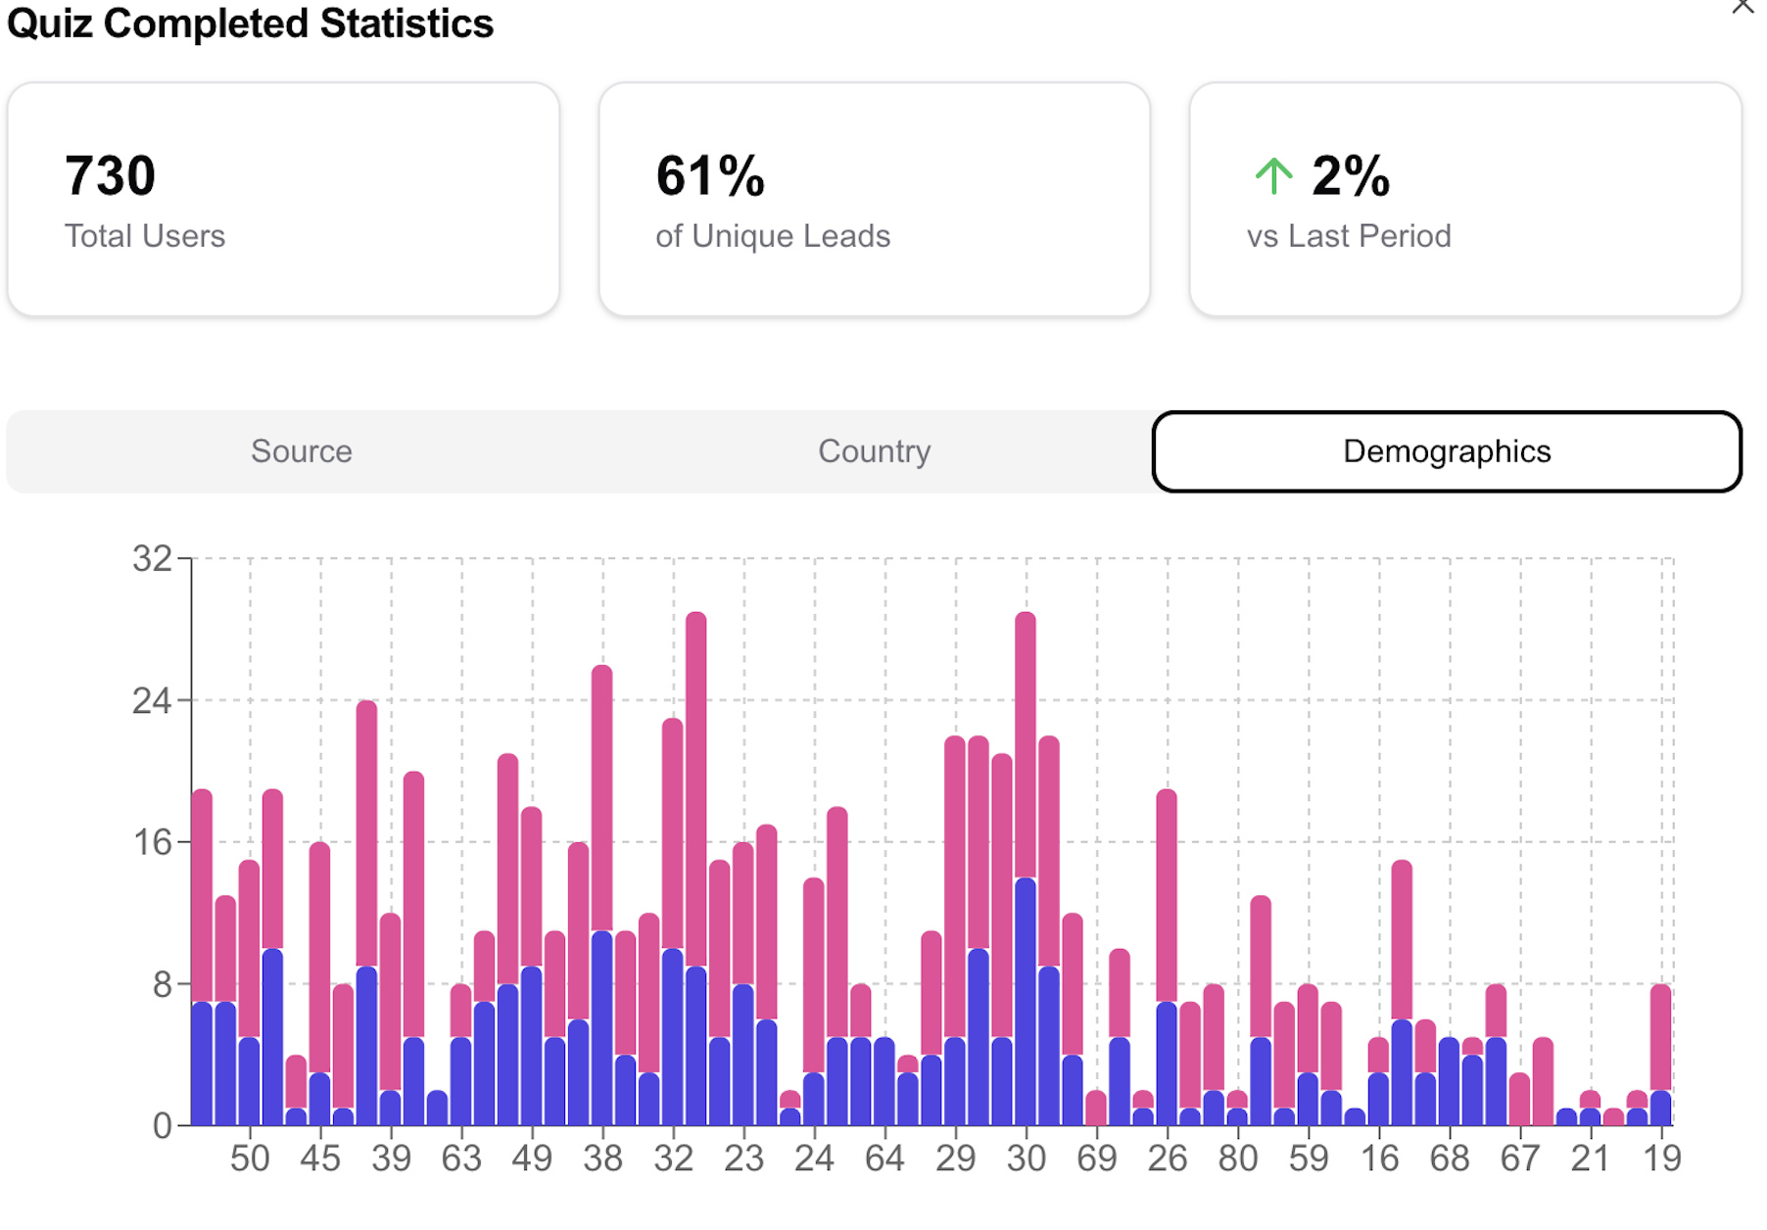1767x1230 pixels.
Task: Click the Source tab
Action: tap(301, 451)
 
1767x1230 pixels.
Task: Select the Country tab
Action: tap(874, 451)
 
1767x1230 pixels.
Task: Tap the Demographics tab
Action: tap(1446, 451)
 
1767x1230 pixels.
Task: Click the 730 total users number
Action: tap(110, 176)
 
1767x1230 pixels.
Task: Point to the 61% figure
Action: tap(710, 176)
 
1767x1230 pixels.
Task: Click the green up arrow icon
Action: tap(1273, 176)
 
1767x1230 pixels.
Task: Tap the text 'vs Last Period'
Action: tap(1348, 236)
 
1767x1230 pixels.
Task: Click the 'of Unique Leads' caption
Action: tap(772, 236)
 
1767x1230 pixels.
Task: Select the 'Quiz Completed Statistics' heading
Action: tap(250, 24)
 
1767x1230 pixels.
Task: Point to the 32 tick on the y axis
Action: tap(152, 559)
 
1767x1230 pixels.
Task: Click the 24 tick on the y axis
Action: tap(152, 701)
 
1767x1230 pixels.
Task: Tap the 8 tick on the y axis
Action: tap(162, 985)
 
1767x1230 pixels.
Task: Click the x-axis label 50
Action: tap(250, 1159)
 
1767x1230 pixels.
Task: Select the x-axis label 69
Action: tap(1096, 1159)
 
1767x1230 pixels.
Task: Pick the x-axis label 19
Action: tap(1661, 1159)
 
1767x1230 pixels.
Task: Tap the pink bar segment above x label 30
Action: tap(1026, 744)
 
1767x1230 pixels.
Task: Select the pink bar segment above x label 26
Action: tap(1167, 896)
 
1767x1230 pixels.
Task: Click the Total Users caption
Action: tap(145, 236)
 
